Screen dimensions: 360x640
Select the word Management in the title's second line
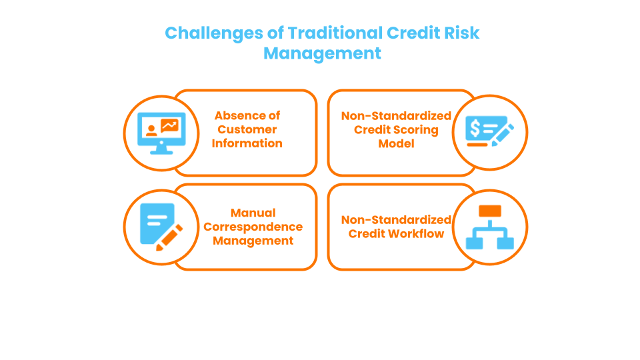click(x=322, y=53)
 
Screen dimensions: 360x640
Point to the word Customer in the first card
click(x=247, y=129)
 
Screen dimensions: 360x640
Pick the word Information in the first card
click(x=247, y=143)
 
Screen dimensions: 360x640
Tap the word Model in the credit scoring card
click(x=396, y=143)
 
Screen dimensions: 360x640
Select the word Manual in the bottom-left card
click(x=253, y=213)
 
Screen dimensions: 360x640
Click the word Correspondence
click(x=253, y=227)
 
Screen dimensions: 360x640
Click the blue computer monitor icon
click(x=161, y=132)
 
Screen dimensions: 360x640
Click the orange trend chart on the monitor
click(x=169, y=125)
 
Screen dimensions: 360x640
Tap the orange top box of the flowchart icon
click(x=490, y=211)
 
